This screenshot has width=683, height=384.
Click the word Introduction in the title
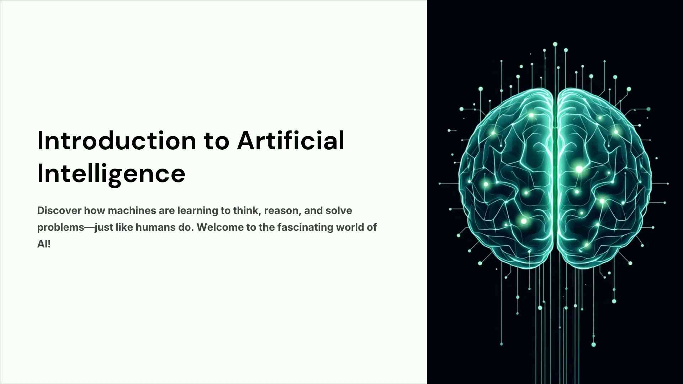coord(117,140)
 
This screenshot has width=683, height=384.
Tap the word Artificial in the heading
coord(291,140)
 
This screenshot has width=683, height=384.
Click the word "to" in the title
coord(217,142)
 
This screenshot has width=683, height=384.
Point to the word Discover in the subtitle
coord(59,210)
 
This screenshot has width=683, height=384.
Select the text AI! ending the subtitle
coord(44,244)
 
